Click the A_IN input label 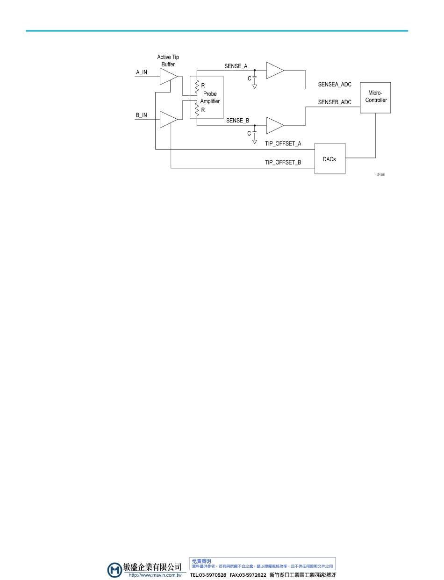click(x=141, y=72)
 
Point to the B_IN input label click(x=141, y=115)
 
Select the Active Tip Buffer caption click(x=168, y=60)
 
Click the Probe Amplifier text click(x=210, y=97)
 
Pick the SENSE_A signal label click(x=236, y=66)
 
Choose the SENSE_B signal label click(x=237, y=121)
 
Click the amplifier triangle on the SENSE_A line click(x=274, y=71)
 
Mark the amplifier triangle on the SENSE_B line click(x=274, y=125)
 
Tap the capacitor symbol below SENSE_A click(x=255, y=79)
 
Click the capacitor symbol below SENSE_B click(x=255, y=133)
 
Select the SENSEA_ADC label click(x=335, y=85)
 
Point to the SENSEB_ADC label click(x=335, y=102)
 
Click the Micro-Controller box click(x=375, y=97)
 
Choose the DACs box click(x=329, y=158)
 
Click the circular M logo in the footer click(x=115, y=570)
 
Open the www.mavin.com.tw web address click(x=155, y=575)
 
